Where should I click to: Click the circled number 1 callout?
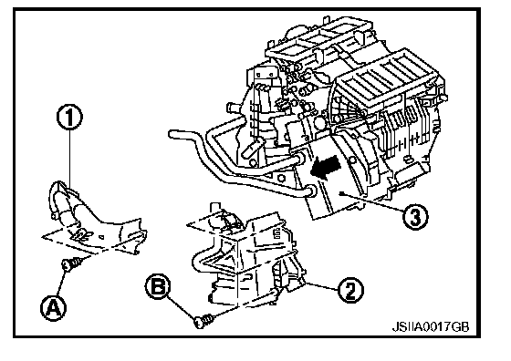(69, 118)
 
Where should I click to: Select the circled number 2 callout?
(350, 290)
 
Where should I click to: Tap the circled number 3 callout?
(414, 216)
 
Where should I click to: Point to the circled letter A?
(53, 307)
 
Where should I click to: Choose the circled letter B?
(158, 287)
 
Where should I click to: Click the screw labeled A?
(72, 263)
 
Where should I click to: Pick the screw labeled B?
(204, 320)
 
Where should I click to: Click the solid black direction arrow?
(326, 167)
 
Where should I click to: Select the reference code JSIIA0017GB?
(430, 326)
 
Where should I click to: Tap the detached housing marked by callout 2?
(247, 257)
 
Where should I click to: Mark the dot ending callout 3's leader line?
(340, 193)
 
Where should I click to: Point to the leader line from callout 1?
(69, 160)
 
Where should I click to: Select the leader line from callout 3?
(371, 203)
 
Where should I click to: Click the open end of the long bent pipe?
(172, 134)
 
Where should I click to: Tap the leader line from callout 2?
(320, 285)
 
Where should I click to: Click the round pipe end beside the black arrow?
(310, 191)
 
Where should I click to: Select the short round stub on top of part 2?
(214, 209)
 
